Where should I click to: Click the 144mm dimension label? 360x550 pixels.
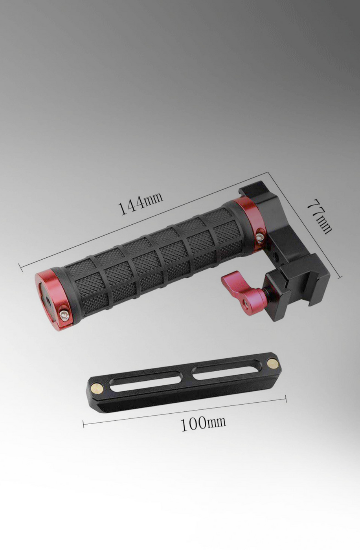[140, 203]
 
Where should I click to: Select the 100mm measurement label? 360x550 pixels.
[203, 423]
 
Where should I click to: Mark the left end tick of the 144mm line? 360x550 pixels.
[20, 268]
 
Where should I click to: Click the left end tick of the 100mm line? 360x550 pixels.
[84, 423]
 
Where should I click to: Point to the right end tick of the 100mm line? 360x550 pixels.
[286, 400]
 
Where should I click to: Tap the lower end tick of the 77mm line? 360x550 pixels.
[340, 277]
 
